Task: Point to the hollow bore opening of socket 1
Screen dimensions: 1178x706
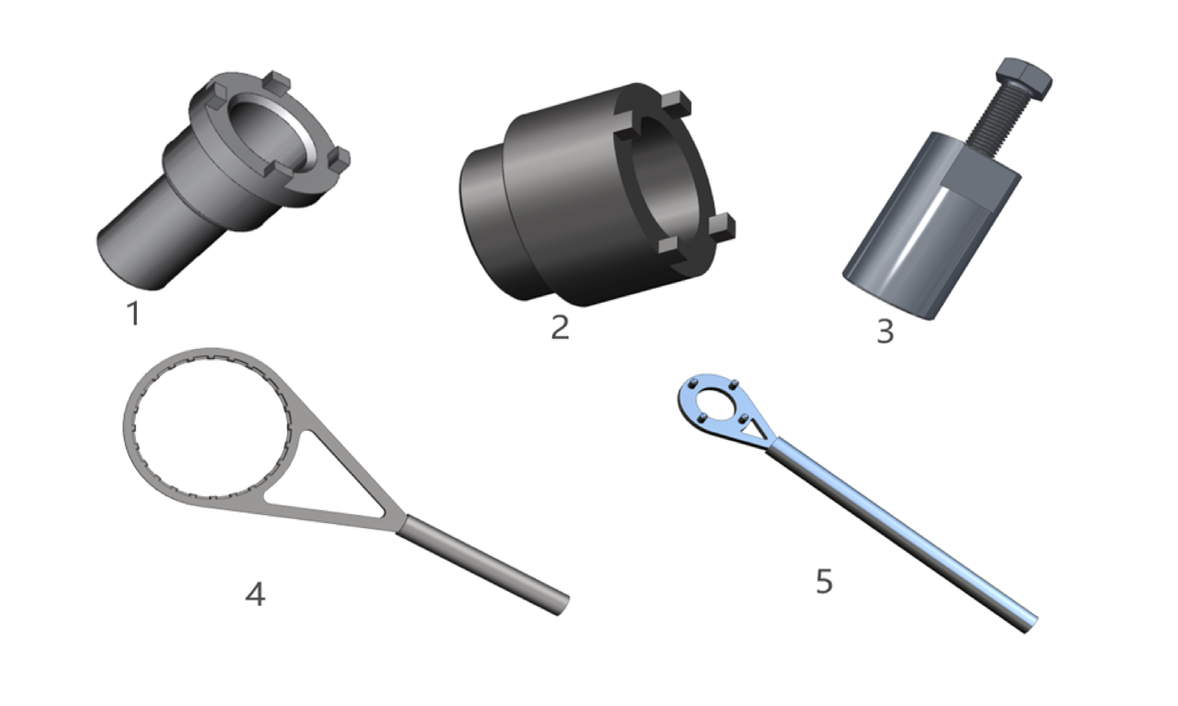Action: click(267, 138)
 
